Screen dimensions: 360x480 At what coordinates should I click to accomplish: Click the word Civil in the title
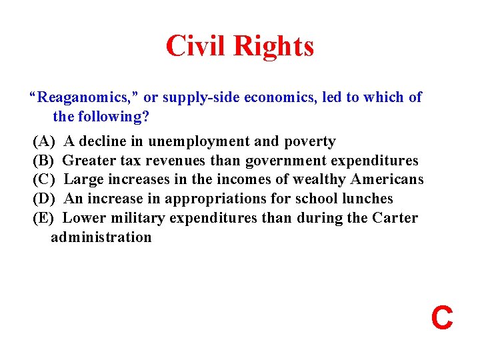[193, 47]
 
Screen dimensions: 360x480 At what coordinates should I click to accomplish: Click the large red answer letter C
[442, 318]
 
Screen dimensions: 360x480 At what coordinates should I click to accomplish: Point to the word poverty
[310, 141]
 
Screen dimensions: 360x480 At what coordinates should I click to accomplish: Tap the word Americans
[390, 180]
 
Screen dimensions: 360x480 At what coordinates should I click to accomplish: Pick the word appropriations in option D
[213, 199]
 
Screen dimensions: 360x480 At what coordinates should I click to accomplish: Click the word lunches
[367, 199]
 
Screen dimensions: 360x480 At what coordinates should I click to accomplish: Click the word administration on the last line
[101, 237]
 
